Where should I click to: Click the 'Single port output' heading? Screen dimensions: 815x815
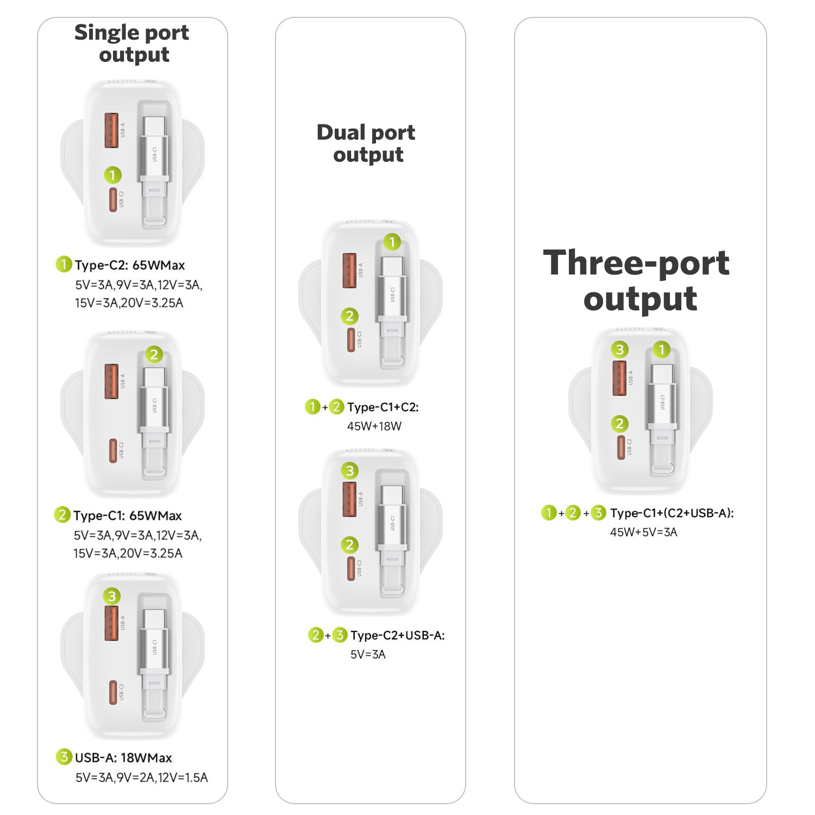[132, 43]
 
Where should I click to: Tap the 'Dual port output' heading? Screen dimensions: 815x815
[367, 143]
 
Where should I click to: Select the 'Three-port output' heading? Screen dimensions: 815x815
[637, 280]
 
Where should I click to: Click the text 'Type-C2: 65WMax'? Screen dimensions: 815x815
[130, 265]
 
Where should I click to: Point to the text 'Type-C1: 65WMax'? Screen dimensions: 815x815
[128, 516]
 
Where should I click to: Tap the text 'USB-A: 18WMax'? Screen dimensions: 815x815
[123, 758]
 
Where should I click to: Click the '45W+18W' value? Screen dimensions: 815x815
[374, 427]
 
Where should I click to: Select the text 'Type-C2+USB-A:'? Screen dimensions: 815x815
[398, 636]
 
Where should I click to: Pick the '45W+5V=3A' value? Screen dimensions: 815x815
[644, 532]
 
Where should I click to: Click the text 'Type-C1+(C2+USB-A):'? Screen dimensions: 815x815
[672, 513]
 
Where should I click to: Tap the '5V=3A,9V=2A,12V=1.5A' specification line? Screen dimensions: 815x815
[142, 778]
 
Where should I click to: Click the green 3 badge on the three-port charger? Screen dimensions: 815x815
[619, 349]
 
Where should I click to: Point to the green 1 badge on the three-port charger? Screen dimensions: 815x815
[661, 349]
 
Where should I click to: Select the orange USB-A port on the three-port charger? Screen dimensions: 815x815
[619, 378]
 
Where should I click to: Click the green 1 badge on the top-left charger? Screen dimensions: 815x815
[112, 175]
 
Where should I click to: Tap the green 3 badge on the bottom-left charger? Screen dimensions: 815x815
[112, 596]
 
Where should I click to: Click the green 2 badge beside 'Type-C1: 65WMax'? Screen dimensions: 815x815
[62, 515]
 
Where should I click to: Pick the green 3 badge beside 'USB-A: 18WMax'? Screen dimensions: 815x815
[64, 757]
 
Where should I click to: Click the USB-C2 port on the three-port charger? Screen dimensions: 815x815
[620, 447]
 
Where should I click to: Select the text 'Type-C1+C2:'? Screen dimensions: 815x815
[383, 407]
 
